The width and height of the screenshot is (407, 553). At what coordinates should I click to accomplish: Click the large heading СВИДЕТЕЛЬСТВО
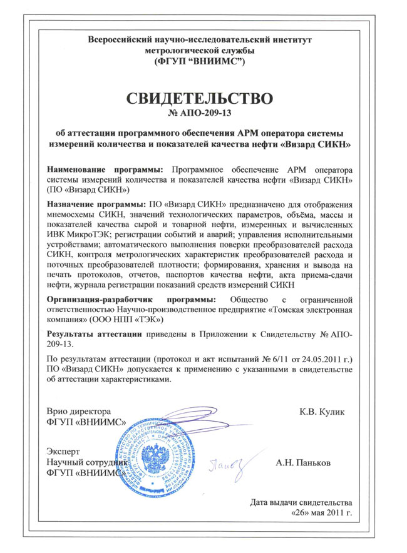point(201,99)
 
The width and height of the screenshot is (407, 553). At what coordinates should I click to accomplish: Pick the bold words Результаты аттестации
point(94,335)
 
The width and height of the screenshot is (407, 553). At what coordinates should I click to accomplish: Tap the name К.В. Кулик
point(322,411)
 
